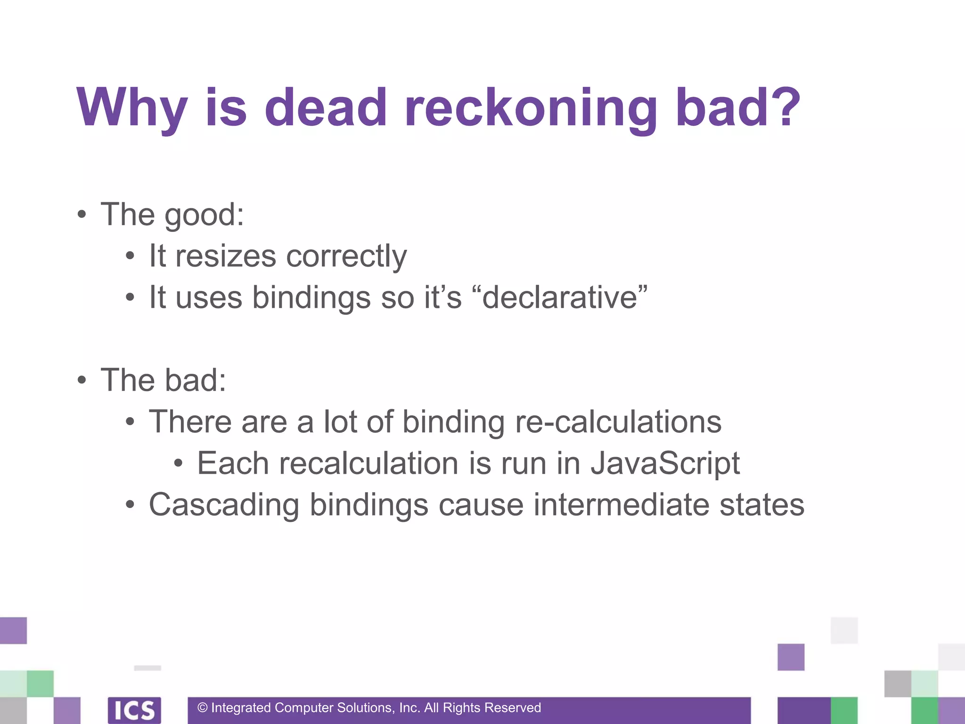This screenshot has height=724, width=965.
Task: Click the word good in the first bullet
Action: click(x=203, y=215)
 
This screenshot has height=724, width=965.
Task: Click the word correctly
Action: click(x=346, y=256)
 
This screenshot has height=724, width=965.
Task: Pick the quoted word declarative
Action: click(x=564, y=297)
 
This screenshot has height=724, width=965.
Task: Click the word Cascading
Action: click(x=224, y=505)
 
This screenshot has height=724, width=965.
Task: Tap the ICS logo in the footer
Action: click(x=134, y=710)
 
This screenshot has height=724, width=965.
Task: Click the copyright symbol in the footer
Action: click(x=203, y=708)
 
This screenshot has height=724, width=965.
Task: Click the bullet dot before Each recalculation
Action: click(x=178, y=463)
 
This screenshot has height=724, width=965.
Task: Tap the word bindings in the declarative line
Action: click(x=311, y=298)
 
